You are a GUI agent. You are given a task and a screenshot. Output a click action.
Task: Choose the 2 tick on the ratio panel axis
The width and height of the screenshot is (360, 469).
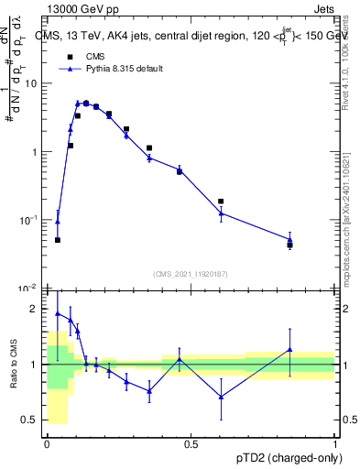(x=36, y=310)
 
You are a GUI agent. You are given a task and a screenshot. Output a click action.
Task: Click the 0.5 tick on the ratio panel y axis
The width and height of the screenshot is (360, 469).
(x=32, y=420)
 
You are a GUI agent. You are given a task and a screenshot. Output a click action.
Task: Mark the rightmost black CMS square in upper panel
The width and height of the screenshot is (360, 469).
(x=289, y=245)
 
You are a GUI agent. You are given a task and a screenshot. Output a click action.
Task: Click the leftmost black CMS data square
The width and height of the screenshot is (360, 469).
(x=58, y=240)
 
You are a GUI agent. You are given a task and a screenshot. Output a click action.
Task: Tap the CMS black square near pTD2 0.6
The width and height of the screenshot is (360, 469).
(x=221, y=202)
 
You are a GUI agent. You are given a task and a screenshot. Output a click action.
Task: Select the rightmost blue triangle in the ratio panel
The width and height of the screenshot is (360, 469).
(x=289, y=349)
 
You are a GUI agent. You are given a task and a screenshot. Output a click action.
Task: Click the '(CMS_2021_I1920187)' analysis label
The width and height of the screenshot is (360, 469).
(x=191, y=274)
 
